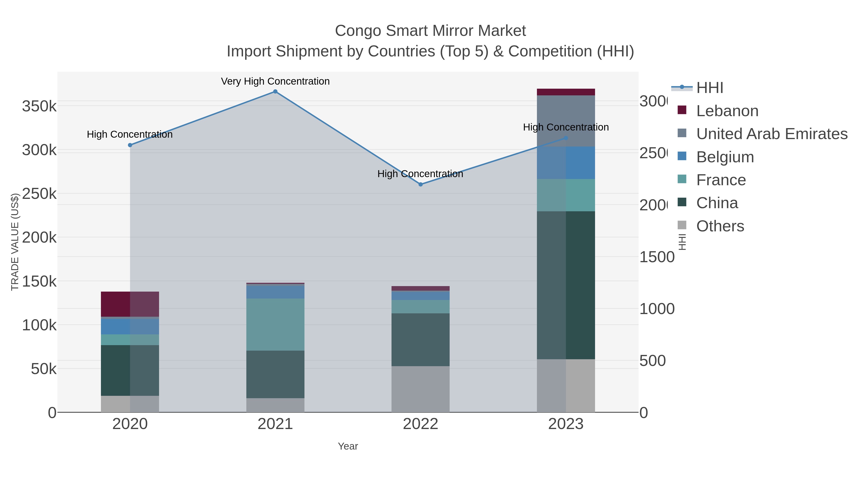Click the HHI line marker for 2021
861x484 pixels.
click(x=275, y=92)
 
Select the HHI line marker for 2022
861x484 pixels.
click(x=420, y=184)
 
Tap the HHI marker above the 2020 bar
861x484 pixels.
click(x=130, y=145)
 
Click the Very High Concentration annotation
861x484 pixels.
click(x=275, y=82)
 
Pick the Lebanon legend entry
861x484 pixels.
click(x=727, y=111)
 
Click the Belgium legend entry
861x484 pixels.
click(x=725, y=157)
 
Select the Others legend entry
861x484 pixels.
click(x=720, y=226)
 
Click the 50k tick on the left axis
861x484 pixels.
click(x=44, y=369)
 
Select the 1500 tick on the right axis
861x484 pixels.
click(x=657, y=257)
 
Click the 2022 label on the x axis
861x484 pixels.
click(x=420, y=424)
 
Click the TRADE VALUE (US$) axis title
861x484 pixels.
click(x=15, y=242)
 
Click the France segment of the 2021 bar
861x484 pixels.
click(x=275, y=324)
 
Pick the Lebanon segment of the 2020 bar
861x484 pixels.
click(x=130, y=304)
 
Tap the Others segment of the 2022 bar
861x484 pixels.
click(x=420, y=389)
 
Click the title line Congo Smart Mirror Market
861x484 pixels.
click(x=430, y=31)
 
